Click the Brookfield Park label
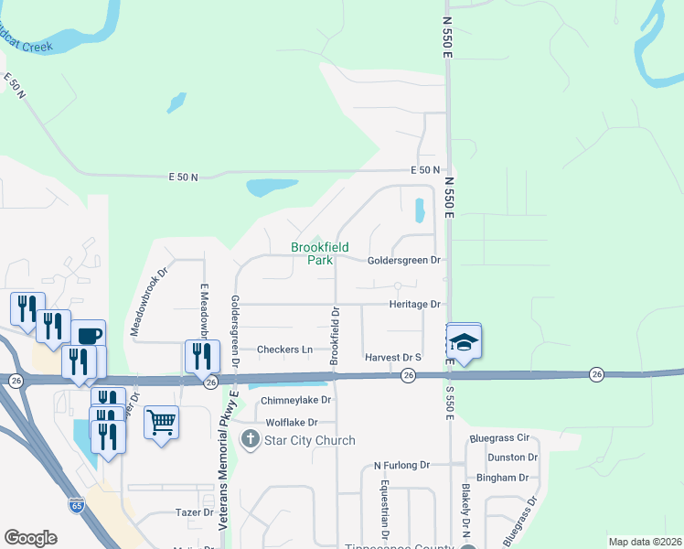[312, 253]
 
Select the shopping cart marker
[161, 422]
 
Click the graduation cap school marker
[464, 342]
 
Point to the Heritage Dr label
[415, 304]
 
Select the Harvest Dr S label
[391, 357]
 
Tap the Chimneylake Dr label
[295, 401]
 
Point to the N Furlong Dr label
[401, 465]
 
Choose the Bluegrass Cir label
[499, 438]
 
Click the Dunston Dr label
[512, 457]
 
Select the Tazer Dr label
[194, 513]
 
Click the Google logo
[30, 538]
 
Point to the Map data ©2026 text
[644, 542]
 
